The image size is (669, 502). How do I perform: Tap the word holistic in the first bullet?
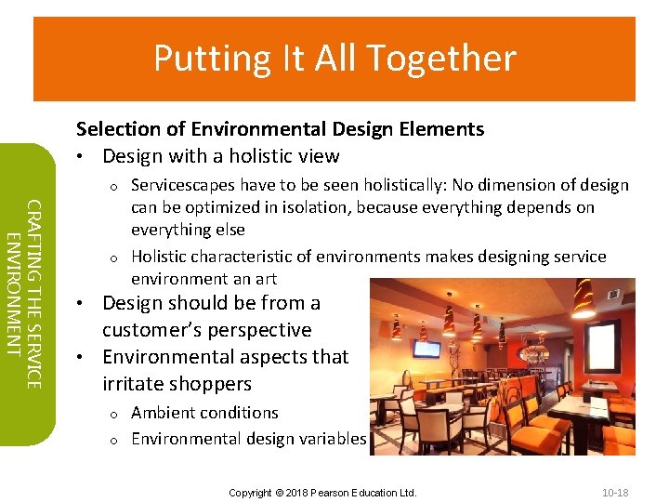(255, 156)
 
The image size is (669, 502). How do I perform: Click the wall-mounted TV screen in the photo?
(428, 350)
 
